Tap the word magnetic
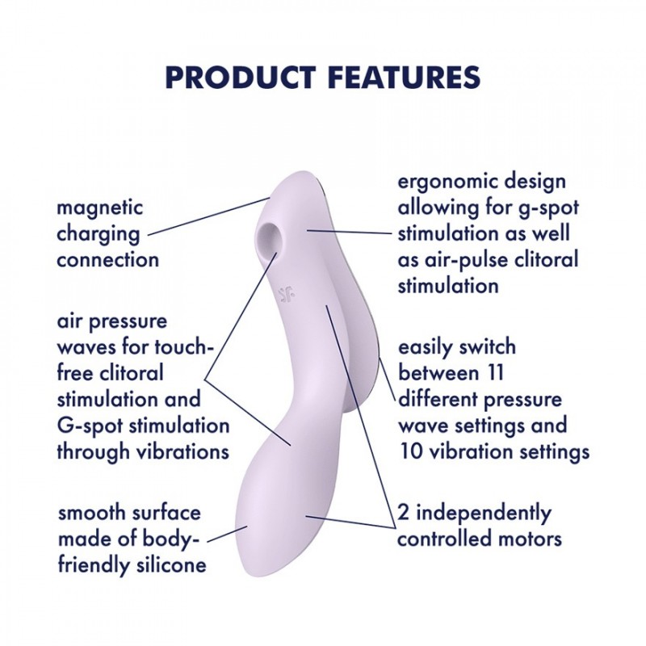(x=99, y=208)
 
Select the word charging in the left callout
(x=98, y=234)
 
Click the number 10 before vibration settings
(x=411, y=452)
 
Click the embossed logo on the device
(x=286, y=292)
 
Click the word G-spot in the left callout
(x=90, y=426)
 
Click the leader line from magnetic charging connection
(x=208, y=216)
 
